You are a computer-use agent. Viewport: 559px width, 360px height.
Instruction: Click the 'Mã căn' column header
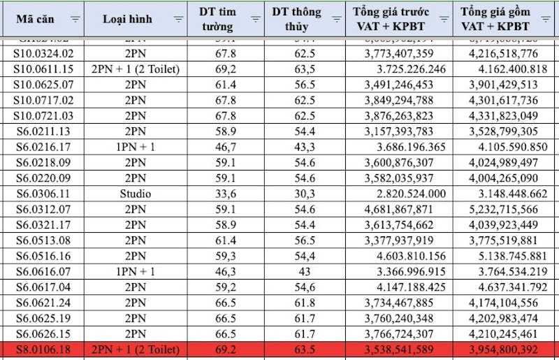click(x=36, y=20)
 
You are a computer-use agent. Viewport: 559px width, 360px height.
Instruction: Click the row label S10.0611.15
click(x=43, y=69)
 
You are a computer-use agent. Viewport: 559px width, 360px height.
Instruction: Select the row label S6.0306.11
click(x=43, y=193)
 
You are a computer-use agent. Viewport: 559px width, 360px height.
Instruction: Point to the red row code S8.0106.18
click(x=43, y=349)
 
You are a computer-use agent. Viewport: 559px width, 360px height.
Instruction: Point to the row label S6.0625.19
click(x=43, y=317)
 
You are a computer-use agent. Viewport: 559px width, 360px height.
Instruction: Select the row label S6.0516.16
click(x=43, y=255)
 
